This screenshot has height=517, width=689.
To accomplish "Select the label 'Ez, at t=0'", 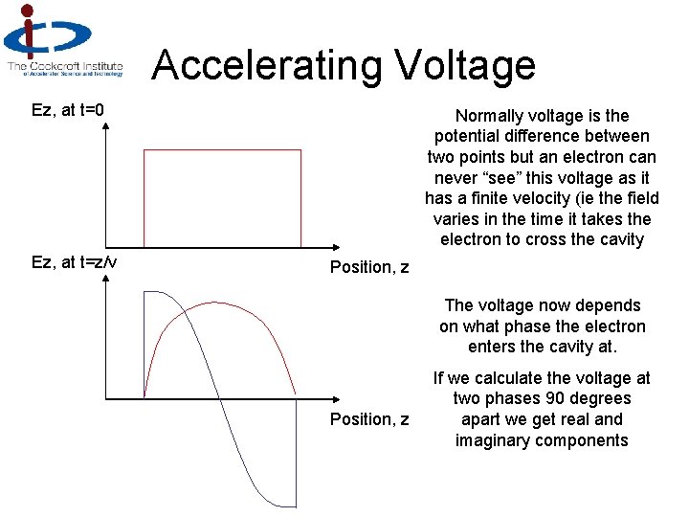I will tap(68, 111).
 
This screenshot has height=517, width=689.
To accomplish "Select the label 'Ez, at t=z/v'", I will tap(75, 260).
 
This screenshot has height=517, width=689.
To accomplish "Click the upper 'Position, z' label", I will tap(369, 267).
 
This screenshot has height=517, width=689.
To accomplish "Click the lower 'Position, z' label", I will tap(369, 419).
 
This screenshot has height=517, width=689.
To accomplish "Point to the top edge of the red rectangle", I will tap(221, 150).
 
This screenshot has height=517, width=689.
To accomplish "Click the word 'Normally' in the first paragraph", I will tap(491, 115).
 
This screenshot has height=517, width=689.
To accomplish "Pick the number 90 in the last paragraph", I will tap(553, 398).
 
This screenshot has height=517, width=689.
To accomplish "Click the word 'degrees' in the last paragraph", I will tap(600, 398).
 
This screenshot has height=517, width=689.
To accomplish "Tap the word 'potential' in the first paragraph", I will tap(468, 136).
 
